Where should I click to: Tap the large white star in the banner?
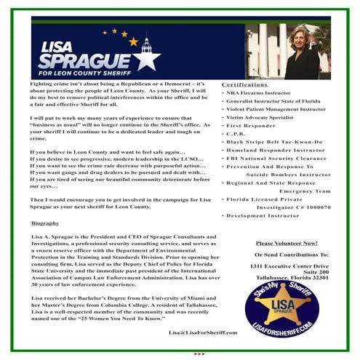145,57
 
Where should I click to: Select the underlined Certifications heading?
244,84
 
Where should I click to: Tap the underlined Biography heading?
45,223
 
